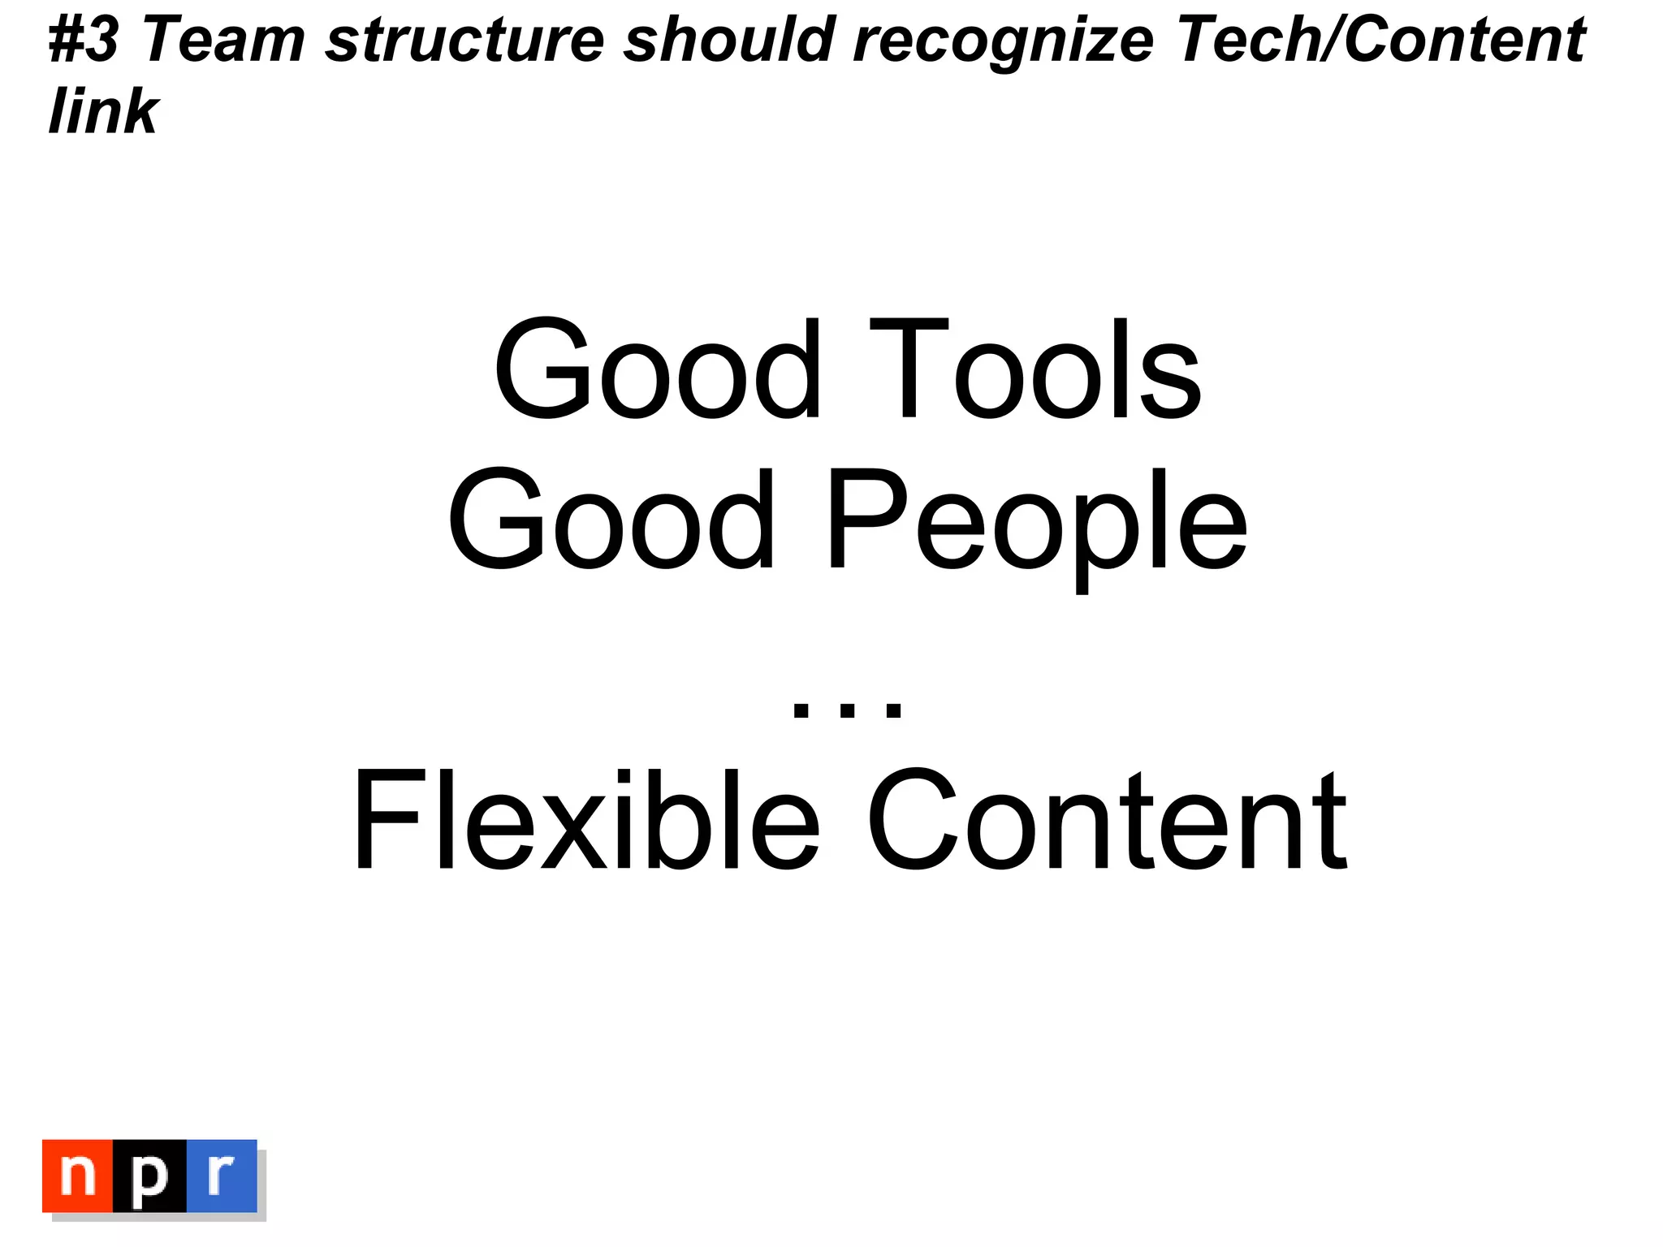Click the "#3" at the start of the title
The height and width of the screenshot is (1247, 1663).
pos(84,41)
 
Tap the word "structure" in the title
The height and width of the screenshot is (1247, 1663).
pos(464,41)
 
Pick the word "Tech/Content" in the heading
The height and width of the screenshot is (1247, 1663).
pos(1381,41)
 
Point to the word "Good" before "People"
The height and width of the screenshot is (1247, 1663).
pos(611,520)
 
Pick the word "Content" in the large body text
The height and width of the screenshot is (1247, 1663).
pos(1108,820)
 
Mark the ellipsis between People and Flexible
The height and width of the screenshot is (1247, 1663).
pos(847,709)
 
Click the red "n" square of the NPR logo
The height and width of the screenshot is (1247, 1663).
pos(78,1176)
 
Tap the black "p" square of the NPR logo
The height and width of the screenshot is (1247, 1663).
pos(149,1176)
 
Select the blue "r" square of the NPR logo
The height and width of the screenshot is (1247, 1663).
pos(222,1176)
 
